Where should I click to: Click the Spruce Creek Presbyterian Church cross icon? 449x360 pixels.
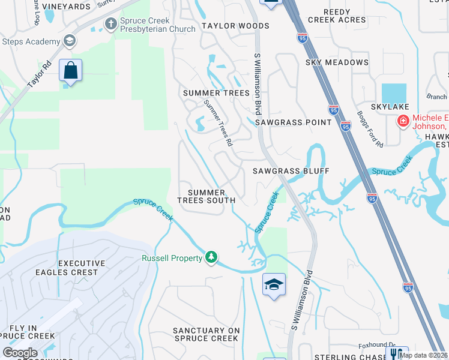tap(110, 24)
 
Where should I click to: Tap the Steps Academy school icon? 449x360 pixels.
tap(70, 41)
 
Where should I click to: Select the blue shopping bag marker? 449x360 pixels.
tap(71, 71)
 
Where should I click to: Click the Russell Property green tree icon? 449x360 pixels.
tap(211, 257)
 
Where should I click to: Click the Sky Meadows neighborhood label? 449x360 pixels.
tap(337, 62)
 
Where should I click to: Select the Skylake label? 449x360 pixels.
tap(390, 107)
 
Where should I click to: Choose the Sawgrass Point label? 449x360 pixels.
tap(293, 122)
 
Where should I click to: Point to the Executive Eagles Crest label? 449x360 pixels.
tap(82, 268)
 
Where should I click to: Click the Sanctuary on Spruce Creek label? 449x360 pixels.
tap(206, 334)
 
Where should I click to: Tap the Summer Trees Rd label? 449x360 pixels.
tap(217, 124)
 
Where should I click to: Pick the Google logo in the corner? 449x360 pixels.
tap(20, 353)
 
